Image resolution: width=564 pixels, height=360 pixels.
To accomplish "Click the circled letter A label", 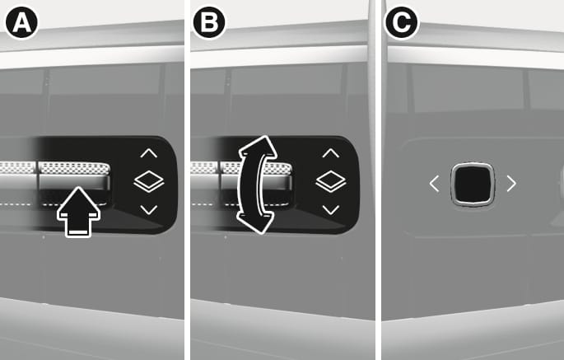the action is coord(21,23).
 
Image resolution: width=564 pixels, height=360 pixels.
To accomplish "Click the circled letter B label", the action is coord(209,23).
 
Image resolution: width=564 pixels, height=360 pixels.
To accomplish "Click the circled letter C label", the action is coord(402,23).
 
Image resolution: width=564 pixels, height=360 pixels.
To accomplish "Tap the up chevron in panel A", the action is coord(148,153).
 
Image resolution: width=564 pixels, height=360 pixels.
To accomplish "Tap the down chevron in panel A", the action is coord(148,209).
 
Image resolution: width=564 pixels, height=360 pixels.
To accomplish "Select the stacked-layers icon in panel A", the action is coord(149,181).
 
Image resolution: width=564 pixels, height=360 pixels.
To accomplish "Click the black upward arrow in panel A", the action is coord(78,212).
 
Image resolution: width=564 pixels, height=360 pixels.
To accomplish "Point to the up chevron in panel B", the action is coord(330,153).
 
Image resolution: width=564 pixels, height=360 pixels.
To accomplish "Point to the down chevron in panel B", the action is coord(330,209).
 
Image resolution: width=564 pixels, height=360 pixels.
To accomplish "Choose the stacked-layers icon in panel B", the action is coord(331,181).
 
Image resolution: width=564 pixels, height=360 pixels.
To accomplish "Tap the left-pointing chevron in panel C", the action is coord(434,184).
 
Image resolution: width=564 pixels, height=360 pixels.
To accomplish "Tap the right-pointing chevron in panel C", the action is coord(511,184).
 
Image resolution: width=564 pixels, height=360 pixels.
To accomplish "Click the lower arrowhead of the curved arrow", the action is coord(255,222).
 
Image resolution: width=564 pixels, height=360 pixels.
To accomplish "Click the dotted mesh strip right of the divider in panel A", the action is coord(74,168).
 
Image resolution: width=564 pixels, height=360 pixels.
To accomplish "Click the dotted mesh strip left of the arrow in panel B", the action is coord(203,168).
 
